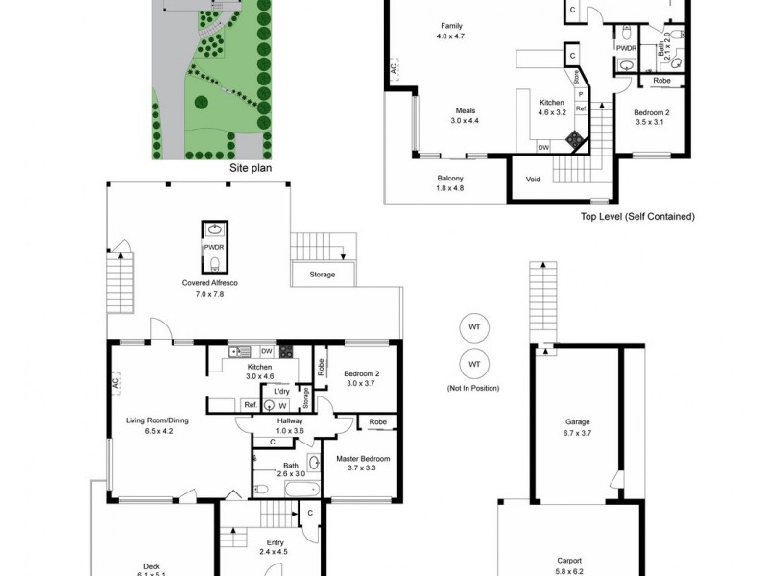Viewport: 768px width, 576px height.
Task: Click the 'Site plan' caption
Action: click(x=251, y=167)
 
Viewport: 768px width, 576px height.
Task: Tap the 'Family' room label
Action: click(x=451, y=25)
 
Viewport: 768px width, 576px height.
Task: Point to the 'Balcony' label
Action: click(x=450, y=179)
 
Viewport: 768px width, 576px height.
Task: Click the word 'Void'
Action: click(x=533, y=179)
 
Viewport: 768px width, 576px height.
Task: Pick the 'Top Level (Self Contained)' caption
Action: click(x=637, y=217)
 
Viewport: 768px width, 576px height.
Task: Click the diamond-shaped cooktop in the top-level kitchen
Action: click(x=574, y=137)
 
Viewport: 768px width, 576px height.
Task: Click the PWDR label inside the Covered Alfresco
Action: click(x=214, y=247)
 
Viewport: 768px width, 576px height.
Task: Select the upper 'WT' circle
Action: click(x=474, y=327)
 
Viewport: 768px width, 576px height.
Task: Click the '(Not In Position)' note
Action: click(x=473, y=387)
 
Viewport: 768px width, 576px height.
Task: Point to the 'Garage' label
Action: click(x=577, y=422)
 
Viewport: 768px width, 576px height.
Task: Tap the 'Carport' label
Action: click(x=569, y=561)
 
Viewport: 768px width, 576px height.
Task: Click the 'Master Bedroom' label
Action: click(x=361, y=458)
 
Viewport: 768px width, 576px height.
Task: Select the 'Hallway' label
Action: click(x=290, y=420)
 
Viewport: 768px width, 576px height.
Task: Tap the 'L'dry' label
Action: click(x=281, y=392)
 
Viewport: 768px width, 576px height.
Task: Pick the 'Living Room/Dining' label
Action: click(x=156, y=420)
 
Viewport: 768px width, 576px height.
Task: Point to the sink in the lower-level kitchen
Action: click(x=239, y=351)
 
